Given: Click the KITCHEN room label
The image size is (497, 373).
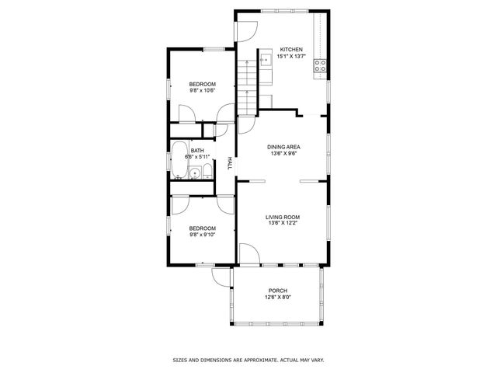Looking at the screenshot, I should pos(280,49).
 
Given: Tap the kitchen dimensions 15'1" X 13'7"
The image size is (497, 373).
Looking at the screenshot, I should pos(280,56).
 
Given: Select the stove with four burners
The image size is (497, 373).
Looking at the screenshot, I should pos(320,67).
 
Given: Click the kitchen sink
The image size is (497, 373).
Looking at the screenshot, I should pos(264,57).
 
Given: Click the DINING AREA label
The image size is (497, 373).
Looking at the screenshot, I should pos(284,147).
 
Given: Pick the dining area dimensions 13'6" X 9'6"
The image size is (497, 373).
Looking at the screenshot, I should pos(284,154).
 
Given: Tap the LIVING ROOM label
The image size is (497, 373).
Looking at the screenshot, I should pos(283,217).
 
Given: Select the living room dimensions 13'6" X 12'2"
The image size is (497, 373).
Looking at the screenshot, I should pos(283,224).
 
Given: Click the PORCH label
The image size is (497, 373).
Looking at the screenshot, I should pos(278,291).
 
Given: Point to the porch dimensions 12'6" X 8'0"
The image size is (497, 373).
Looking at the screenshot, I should pos(278,298).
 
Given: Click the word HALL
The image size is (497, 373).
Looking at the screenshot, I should pos(230,163).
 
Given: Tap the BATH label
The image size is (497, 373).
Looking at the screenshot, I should pos(198,151).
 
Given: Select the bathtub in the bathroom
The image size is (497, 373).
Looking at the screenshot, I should pos(179,159).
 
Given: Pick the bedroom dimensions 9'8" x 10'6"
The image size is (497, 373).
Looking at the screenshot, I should pos(202,91).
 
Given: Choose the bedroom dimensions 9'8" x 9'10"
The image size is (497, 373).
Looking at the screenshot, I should pos(202,235).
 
